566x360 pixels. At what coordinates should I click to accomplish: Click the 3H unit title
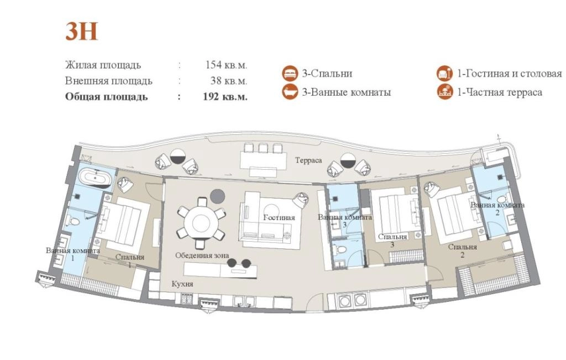82,32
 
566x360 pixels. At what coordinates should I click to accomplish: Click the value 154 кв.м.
226,65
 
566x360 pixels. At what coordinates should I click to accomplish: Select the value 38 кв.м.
229,81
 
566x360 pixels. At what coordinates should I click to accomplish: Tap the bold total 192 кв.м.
226,96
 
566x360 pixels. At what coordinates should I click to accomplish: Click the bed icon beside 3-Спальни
290,74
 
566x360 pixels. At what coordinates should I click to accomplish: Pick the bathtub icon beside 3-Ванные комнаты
290,92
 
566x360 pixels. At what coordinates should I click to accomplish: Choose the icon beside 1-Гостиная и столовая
445,74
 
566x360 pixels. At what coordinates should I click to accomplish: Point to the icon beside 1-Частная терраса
445,92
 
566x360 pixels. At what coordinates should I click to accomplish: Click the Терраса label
308,160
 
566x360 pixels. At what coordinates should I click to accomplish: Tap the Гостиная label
279,217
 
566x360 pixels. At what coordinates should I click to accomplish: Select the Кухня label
182,284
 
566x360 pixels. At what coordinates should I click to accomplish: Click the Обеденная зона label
202,255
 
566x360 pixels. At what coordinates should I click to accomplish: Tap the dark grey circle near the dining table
218,196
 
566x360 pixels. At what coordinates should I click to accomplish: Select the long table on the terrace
264,159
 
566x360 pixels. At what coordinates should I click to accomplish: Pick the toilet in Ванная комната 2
502,200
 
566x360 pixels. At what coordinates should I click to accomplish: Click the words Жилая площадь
103,65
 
